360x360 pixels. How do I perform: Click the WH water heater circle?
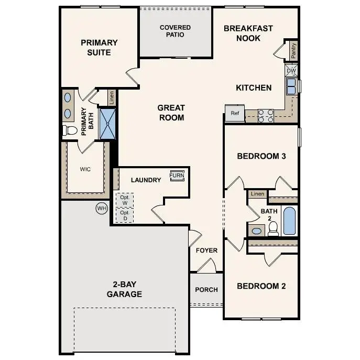101,209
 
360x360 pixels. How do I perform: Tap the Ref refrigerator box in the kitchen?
235,113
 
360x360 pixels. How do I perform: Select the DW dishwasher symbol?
291,71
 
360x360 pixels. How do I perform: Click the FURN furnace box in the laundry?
176,176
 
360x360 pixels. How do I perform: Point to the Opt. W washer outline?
124,200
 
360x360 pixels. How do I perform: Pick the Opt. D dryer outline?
124,215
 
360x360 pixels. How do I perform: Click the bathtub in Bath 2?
289,221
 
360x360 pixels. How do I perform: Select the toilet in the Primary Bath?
69,130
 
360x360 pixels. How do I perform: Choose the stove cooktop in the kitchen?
266,115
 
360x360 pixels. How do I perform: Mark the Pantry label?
293,51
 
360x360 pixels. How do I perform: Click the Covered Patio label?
175,31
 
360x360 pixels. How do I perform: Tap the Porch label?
206,290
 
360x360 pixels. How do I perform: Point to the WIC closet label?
85,170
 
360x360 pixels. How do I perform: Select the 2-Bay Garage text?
124,289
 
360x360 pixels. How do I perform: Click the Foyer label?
206,250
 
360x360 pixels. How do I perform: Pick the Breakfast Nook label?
248,33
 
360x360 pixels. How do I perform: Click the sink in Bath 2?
257,231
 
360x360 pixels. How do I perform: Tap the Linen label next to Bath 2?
257,194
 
